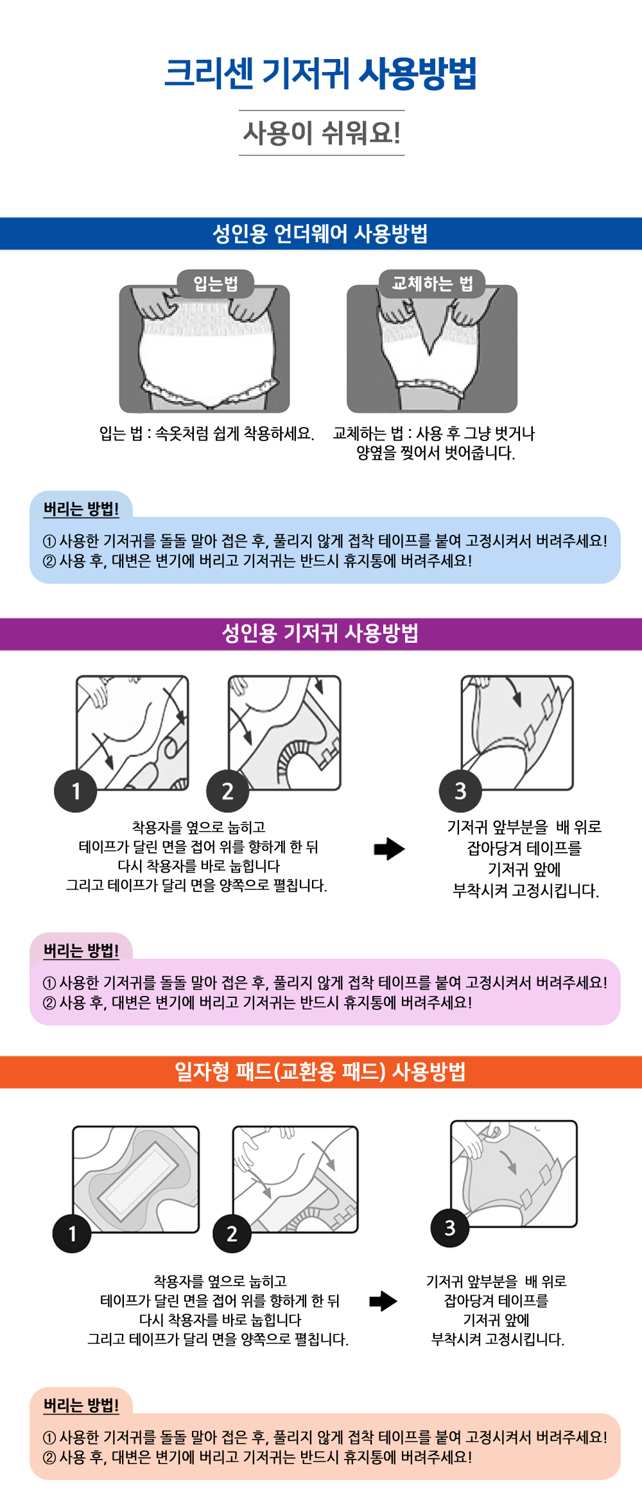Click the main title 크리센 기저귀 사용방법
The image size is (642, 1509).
[x=320, y=73]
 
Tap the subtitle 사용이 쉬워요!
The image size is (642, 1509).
[x=322, y=133]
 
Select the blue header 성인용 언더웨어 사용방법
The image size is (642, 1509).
[x=320, y=234]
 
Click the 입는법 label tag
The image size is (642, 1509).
[x=216, y=283]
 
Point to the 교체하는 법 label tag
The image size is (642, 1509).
[x=432, y=283]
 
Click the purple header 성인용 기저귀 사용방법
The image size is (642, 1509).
[x=320, y=634]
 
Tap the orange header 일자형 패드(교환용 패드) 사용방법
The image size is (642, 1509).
[x=320, y=1072]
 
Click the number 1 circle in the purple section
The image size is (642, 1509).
[x=76, y=791]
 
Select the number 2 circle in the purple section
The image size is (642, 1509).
[x=228, y=791]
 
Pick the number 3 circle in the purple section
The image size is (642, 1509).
[x=460, y=791]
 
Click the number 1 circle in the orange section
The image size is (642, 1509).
[x=72, y=1233]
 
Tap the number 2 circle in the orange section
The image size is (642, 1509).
[x=232, y=1233]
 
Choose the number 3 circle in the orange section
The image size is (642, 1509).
[x=450, y=1228]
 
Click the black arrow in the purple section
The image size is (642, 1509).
[x=389, y=849]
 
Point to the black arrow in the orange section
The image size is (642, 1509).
[x=383, y=1302]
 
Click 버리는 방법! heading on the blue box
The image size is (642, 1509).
[x=81, y=509]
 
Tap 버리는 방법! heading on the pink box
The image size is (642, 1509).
[x=81, y=951]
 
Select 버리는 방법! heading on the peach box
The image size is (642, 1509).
[x=81, y=1406]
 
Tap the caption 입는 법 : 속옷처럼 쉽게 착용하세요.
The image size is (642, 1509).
[x=207, y=433]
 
